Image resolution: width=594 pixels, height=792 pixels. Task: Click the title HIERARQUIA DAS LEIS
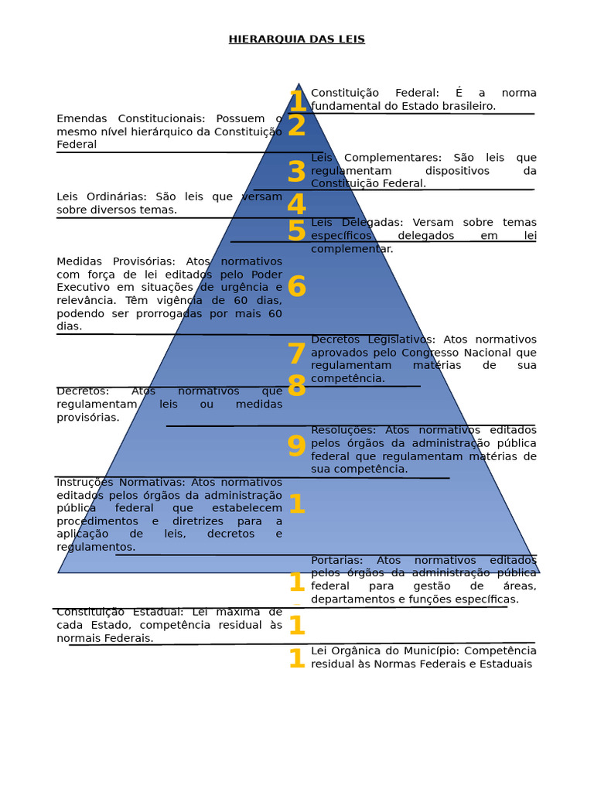[296, 39]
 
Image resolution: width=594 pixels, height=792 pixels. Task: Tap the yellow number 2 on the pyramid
[296, 125]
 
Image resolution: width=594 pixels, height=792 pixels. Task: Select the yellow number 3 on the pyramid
[296, 172]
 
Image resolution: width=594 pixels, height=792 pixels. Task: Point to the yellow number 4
[296, 205]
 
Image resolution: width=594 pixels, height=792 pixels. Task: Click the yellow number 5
[296, 230]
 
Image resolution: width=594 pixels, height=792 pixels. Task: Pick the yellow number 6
[296, 287]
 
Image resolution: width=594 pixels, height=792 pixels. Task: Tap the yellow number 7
[296, 354]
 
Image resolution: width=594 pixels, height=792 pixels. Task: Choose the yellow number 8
[296, 386]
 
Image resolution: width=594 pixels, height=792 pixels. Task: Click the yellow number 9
[296, 446]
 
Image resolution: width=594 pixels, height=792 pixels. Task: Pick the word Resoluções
[343, 430]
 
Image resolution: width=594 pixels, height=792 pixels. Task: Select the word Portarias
[336, 560]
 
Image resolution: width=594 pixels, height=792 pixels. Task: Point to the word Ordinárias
[115, 196]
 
